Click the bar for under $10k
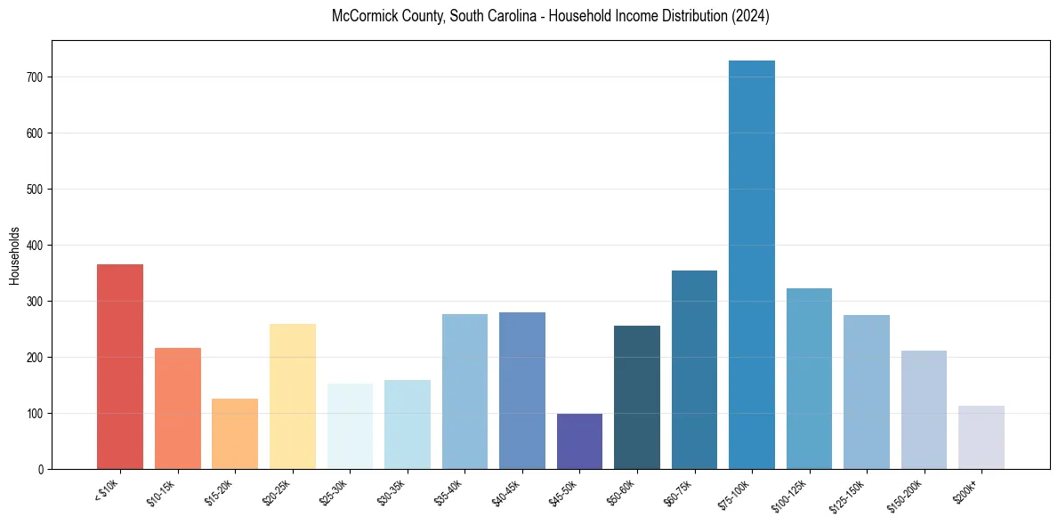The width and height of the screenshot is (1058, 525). pos(120,367)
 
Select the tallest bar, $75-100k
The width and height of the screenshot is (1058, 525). pos(752,265)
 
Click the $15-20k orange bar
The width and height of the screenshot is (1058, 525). pos(235,433)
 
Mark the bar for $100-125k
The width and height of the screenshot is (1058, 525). pos(809,379)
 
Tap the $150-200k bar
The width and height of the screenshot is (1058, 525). pos(924,410)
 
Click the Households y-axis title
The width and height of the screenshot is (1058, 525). pos(14,254)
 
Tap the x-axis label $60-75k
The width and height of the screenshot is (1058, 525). pos(680,492)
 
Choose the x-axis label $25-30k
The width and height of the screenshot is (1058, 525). pos(335,492)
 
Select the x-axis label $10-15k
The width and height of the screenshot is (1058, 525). pos(163,492)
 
